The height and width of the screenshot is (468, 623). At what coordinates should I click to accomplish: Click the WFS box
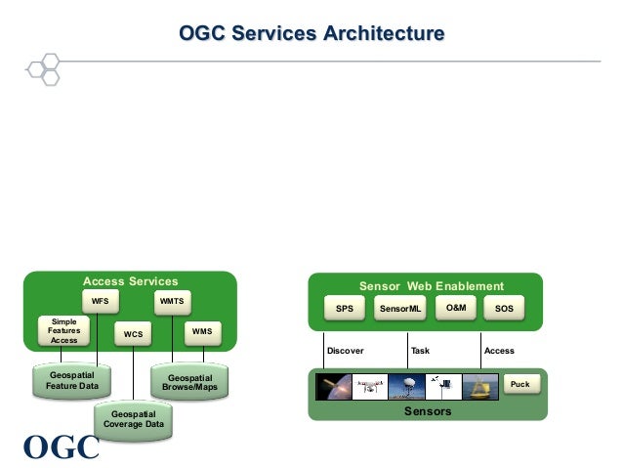(101, 301)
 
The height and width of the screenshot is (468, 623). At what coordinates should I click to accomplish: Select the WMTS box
(173, 302)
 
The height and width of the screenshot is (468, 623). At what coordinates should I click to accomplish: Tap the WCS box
(133, 333)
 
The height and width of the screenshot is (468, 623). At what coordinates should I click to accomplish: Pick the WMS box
(203, 333)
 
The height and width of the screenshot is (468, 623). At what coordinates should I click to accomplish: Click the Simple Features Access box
(64, 331)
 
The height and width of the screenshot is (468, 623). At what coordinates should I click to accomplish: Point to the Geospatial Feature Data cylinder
(71, 380)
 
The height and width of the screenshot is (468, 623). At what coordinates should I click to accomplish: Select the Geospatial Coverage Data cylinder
(134, 420)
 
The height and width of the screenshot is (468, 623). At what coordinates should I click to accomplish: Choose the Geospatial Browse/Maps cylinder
(189, 381)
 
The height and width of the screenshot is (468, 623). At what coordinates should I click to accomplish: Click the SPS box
(345, 308)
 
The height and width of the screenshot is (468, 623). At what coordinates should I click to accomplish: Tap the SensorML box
(400, 308)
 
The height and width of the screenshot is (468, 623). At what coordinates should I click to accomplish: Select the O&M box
(456, 308)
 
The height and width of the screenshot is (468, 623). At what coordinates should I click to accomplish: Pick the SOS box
(504, 308)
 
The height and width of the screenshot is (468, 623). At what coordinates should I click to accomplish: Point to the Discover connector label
(346, 351)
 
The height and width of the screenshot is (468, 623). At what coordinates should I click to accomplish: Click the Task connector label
(420, 351)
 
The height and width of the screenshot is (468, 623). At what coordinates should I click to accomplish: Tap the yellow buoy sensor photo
(480, 387)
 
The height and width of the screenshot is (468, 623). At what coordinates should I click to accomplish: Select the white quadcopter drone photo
(370, 387)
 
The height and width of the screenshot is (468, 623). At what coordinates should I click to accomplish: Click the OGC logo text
(62, 447)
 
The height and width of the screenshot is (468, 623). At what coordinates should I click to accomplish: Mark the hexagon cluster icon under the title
(43, 69)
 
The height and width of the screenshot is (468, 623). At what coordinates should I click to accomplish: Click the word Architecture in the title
(384, 33)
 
